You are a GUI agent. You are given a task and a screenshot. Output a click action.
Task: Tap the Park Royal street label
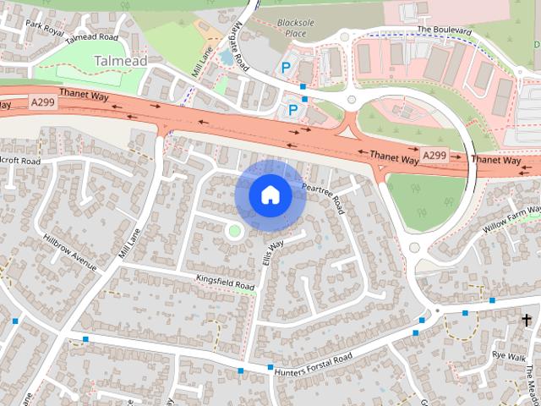45,28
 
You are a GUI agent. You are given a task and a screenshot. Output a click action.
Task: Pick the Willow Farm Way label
511,218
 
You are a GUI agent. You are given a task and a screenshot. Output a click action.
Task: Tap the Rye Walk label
510,356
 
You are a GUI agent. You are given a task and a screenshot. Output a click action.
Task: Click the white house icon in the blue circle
270,195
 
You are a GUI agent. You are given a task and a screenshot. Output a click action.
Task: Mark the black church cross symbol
527,320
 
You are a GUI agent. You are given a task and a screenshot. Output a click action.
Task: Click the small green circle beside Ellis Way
234,230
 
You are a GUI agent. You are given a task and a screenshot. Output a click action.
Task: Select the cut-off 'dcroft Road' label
20,161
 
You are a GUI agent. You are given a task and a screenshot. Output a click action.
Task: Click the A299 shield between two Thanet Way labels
434,156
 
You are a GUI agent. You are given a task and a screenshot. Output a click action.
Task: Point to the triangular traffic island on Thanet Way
345,132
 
